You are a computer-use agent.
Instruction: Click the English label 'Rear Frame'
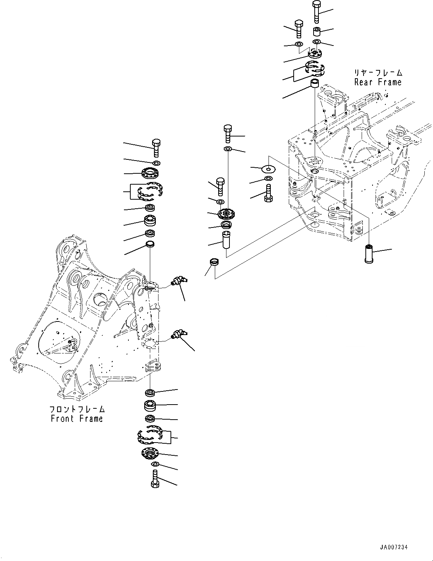[x=378, y=82]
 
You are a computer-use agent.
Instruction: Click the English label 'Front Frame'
[x=77, y=418]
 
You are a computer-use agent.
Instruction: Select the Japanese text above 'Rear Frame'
[x=378, y=73]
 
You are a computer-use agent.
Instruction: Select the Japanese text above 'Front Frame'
[x=77, y=409]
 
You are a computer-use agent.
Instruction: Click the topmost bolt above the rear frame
[x=316, y=12]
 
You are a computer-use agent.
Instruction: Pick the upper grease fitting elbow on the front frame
[x=177, y=280]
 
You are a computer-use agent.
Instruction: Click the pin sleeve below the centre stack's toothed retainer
[x=226, y=240]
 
